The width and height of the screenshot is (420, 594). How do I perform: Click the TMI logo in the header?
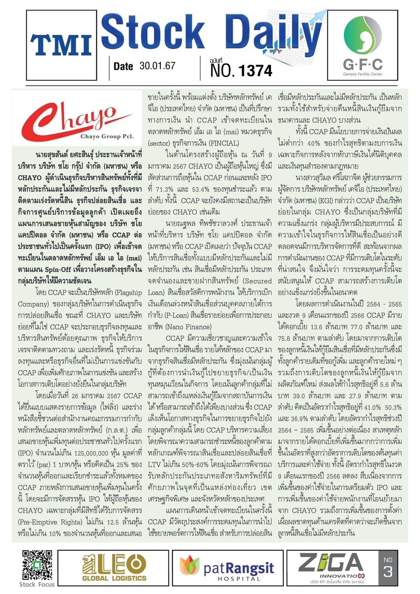coord(61,45)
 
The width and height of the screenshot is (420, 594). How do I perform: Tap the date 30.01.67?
coord(157,66)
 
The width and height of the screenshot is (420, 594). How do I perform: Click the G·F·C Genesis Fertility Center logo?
coord(363,45)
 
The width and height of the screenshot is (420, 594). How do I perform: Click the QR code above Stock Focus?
coord(37,565)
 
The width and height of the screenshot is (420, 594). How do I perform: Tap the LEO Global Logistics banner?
coord(114,567)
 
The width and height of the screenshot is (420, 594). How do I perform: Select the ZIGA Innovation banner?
coord(332,567)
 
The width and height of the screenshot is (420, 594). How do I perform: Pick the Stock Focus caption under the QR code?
coord(37,584)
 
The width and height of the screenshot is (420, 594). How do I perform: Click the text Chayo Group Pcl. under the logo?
coord(106,136)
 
